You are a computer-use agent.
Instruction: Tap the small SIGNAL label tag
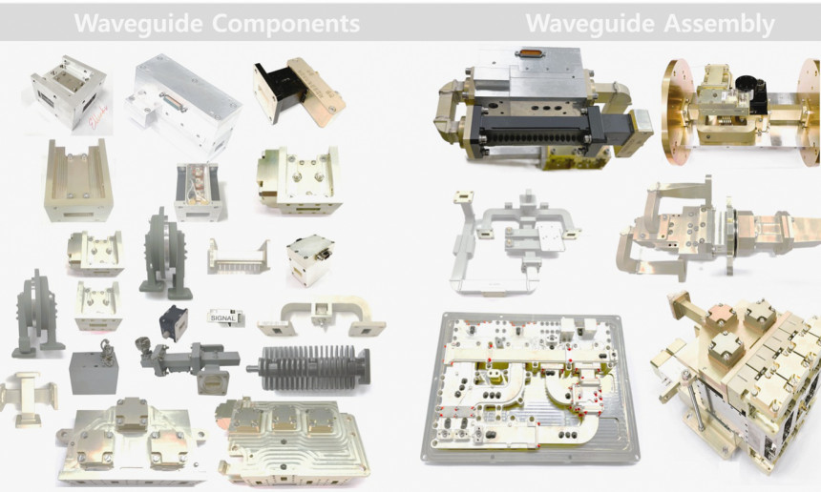[225, 317]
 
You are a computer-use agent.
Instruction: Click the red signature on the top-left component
[98, 117]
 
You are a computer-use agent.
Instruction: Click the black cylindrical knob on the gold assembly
[746, 85]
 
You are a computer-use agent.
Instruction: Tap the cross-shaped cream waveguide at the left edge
[28, 399]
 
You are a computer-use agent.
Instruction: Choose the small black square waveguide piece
[174, 323]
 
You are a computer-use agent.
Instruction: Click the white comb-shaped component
[239, 256]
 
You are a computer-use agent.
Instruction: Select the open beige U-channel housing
[78, 180]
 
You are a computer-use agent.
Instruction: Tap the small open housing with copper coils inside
[198, 192]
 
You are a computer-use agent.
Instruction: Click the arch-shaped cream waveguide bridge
[322, 316]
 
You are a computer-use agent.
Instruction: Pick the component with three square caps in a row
[294, 441]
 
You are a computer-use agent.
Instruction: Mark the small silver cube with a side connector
[310, 259]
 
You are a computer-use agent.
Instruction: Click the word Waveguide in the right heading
[590, 24]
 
